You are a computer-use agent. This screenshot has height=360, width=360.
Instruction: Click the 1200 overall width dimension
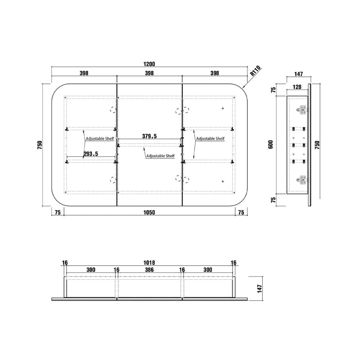point(149,64)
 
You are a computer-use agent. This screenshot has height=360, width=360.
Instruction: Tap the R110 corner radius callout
point(256,71)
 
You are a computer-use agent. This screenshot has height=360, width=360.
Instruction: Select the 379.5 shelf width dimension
point(149,136)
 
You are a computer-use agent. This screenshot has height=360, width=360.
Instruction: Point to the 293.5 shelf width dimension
point(91,154)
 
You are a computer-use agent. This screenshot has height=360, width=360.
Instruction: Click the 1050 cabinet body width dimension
point(149,212)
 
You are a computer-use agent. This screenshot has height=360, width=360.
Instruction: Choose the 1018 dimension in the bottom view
point(149,262)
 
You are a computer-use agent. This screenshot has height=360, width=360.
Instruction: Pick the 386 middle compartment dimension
point(149,270)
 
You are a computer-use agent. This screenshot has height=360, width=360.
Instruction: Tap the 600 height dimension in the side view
point(271,144)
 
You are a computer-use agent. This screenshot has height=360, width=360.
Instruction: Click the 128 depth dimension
point(297,87)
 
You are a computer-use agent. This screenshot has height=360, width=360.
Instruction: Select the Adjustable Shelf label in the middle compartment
point(161,156)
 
